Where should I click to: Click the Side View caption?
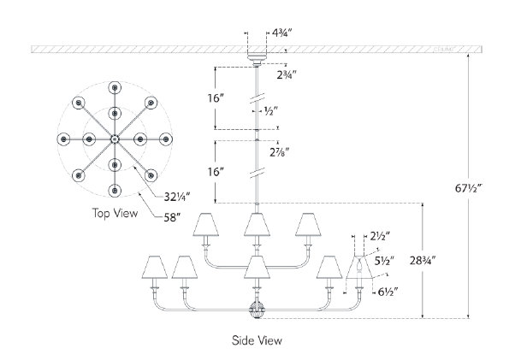257,339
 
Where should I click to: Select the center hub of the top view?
114,139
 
